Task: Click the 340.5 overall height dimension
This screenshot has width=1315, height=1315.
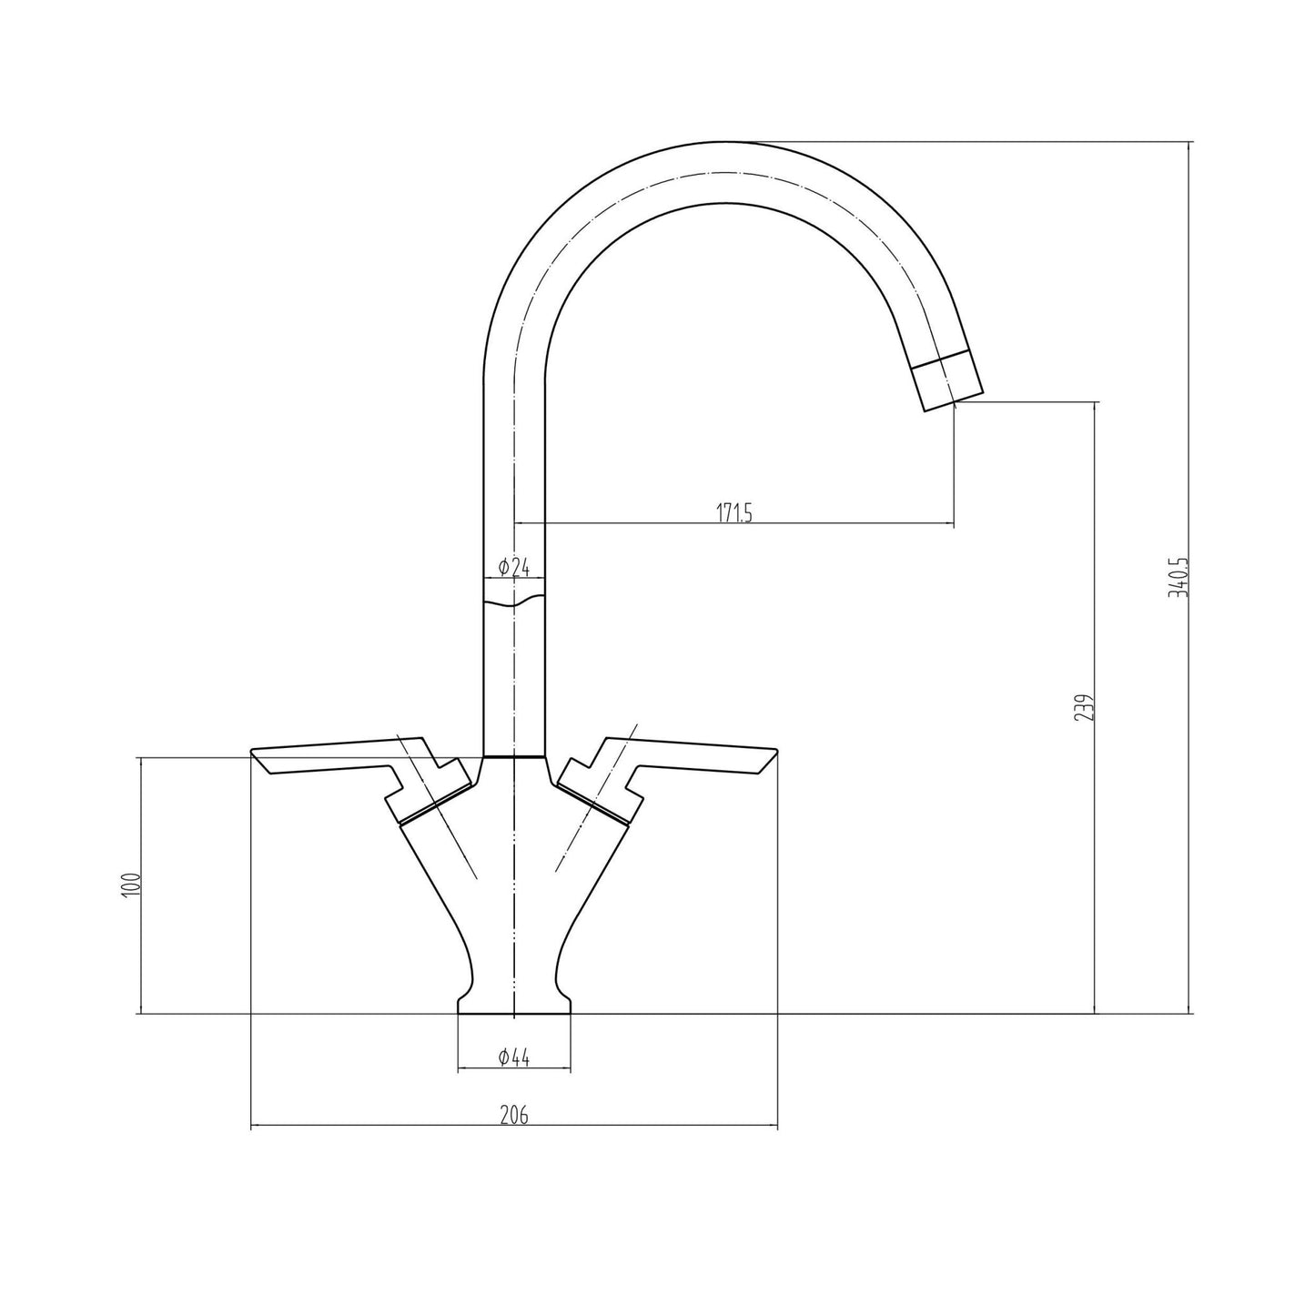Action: pyautogui.click(x=1182, y=577)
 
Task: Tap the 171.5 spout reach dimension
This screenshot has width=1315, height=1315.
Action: pyautogui.click(x=733, y=514)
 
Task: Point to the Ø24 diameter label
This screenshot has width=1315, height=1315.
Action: pyautogui.click(x=514, y=568)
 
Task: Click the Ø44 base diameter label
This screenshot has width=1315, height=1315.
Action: pyautogui.click(x=514, y=1057)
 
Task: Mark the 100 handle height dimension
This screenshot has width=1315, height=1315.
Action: pyautogui.click(x=131, y=885)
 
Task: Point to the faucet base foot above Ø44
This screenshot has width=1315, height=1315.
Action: pyautogui.click(x=514, y=1003)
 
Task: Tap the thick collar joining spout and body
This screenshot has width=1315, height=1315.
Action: pyautogui.click(x=514, y=756)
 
